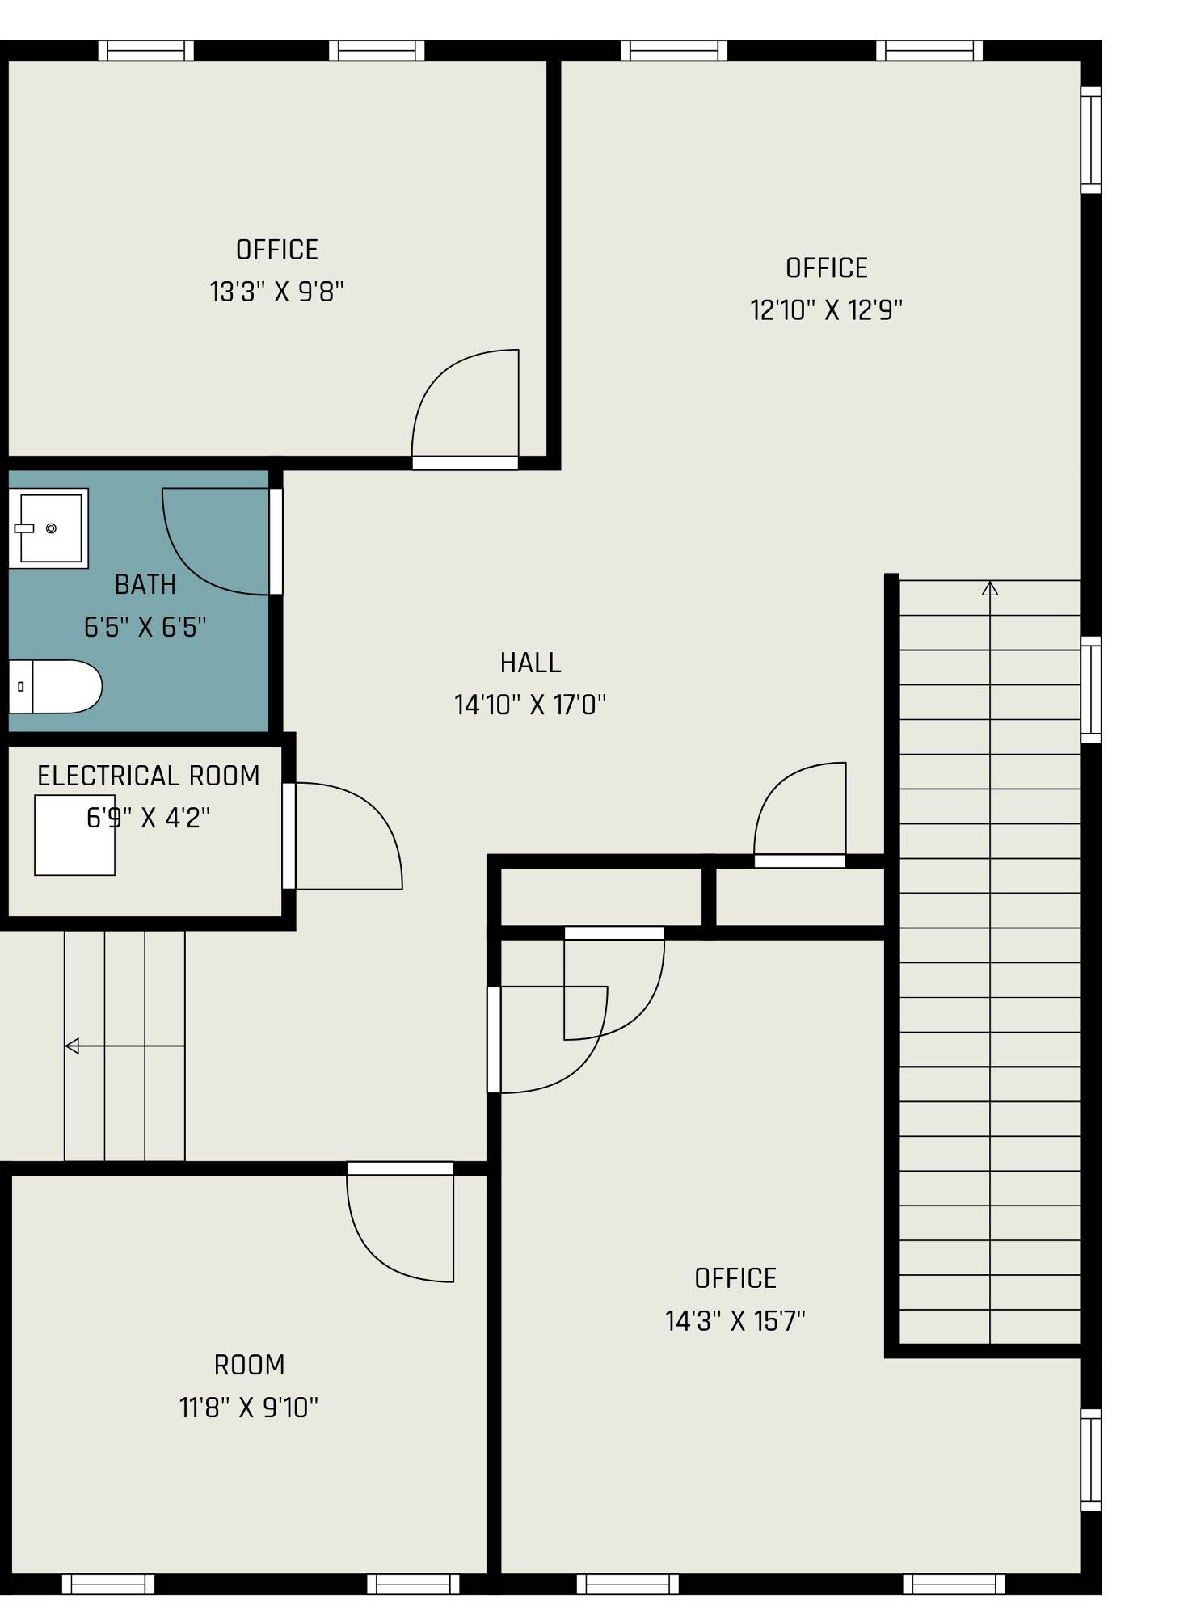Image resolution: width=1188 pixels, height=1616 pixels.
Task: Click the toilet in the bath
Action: pos(55,686)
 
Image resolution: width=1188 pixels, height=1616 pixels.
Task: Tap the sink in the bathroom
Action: pos(48,528)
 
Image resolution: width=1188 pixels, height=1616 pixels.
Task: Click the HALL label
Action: pos(530,663)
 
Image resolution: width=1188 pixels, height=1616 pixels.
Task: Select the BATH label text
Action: pos(145,584)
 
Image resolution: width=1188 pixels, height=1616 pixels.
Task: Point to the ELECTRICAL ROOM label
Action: pos(149,776)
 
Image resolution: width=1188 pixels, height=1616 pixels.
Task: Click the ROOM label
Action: pos(249,1365)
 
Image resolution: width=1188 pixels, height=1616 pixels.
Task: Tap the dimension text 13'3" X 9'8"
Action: pos(277,291)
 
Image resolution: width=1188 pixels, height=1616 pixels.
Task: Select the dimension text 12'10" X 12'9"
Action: pos(826,309)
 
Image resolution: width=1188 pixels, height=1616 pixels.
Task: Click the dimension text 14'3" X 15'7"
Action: pos(735,1321)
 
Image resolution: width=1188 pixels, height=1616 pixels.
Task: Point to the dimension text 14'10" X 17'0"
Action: pos(530,705)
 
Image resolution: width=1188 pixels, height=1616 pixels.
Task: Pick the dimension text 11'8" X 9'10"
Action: pos(249,1408)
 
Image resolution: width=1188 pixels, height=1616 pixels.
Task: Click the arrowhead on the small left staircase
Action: pos(71,1046)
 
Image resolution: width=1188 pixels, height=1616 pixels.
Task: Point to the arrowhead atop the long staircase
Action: pos(990,588)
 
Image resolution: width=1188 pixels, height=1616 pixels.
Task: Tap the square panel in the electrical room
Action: pos(74,835)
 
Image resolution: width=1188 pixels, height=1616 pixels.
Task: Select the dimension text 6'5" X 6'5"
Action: pos(145,626)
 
